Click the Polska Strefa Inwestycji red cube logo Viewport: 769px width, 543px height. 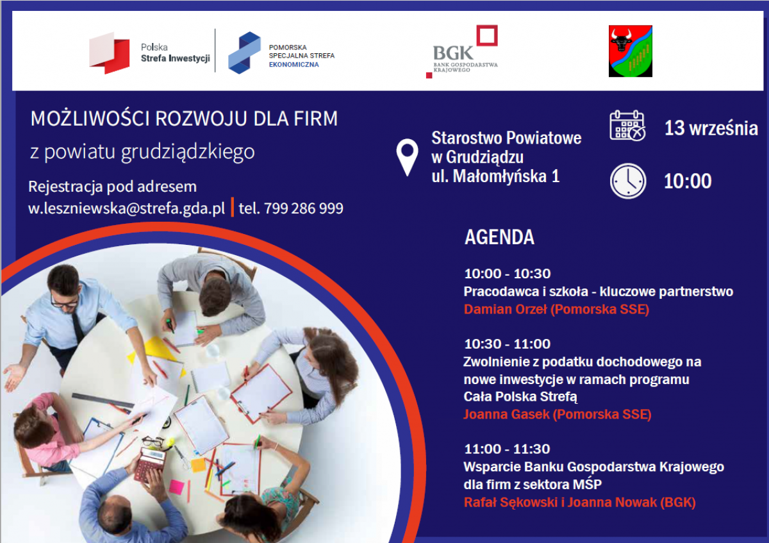click(109, 53)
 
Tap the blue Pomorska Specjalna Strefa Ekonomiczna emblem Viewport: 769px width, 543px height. click(244, 53)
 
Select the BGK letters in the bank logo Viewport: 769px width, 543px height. click(453, 53)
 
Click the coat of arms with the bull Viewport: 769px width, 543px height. click(631, 51)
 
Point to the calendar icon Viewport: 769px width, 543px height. click(627, 126)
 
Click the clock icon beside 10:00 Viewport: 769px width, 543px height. click(628, 181)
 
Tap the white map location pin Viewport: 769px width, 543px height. click(407, 157)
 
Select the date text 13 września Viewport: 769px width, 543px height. click(711, 128)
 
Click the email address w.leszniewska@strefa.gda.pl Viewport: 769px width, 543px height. click(126, 208)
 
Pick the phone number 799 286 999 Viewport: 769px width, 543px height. click(304, 208)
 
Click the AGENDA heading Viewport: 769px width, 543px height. click(499, 237)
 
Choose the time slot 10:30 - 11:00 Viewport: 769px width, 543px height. click(507, 344)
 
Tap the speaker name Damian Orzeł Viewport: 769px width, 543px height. click(506, 309)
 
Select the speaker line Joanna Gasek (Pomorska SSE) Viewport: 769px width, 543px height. click(558, 414)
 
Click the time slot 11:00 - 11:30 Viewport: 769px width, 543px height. click(507, 449)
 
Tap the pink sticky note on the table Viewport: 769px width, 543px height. click(176, 487)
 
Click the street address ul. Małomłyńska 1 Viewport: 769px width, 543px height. click(495, 176)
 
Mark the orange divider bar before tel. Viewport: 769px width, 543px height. click(233, 207)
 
